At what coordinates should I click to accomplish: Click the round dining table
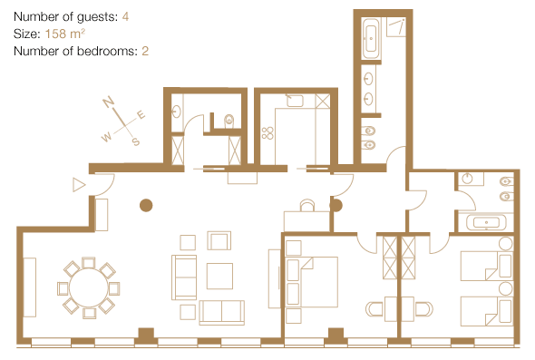[88, 288]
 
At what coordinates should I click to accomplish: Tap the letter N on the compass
[108, 102]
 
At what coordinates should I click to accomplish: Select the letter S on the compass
[136, 141]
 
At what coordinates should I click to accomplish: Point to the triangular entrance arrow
[79, 185]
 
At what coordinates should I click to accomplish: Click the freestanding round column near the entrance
[146, 206]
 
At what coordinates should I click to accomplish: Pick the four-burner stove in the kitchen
[267, 133]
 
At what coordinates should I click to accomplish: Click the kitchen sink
[295, 101]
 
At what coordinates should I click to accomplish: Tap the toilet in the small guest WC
[229, 120]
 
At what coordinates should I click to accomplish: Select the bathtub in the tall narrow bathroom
[371, 39]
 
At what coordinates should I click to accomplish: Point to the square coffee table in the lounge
[219, 276]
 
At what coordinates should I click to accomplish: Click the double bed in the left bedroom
[312, 282]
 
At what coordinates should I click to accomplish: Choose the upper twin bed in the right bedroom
[487, 267]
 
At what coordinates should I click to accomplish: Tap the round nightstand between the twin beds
[506, 288]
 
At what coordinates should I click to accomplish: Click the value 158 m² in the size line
[64, 34]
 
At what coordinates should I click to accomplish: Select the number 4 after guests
[125, 16]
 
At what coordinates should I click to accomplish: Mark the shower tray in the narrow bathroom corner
[395, 27]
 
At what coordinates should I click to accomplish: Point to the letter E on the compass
[141, 114]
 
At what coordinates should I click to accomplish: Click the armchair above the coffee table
[219, 240]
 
